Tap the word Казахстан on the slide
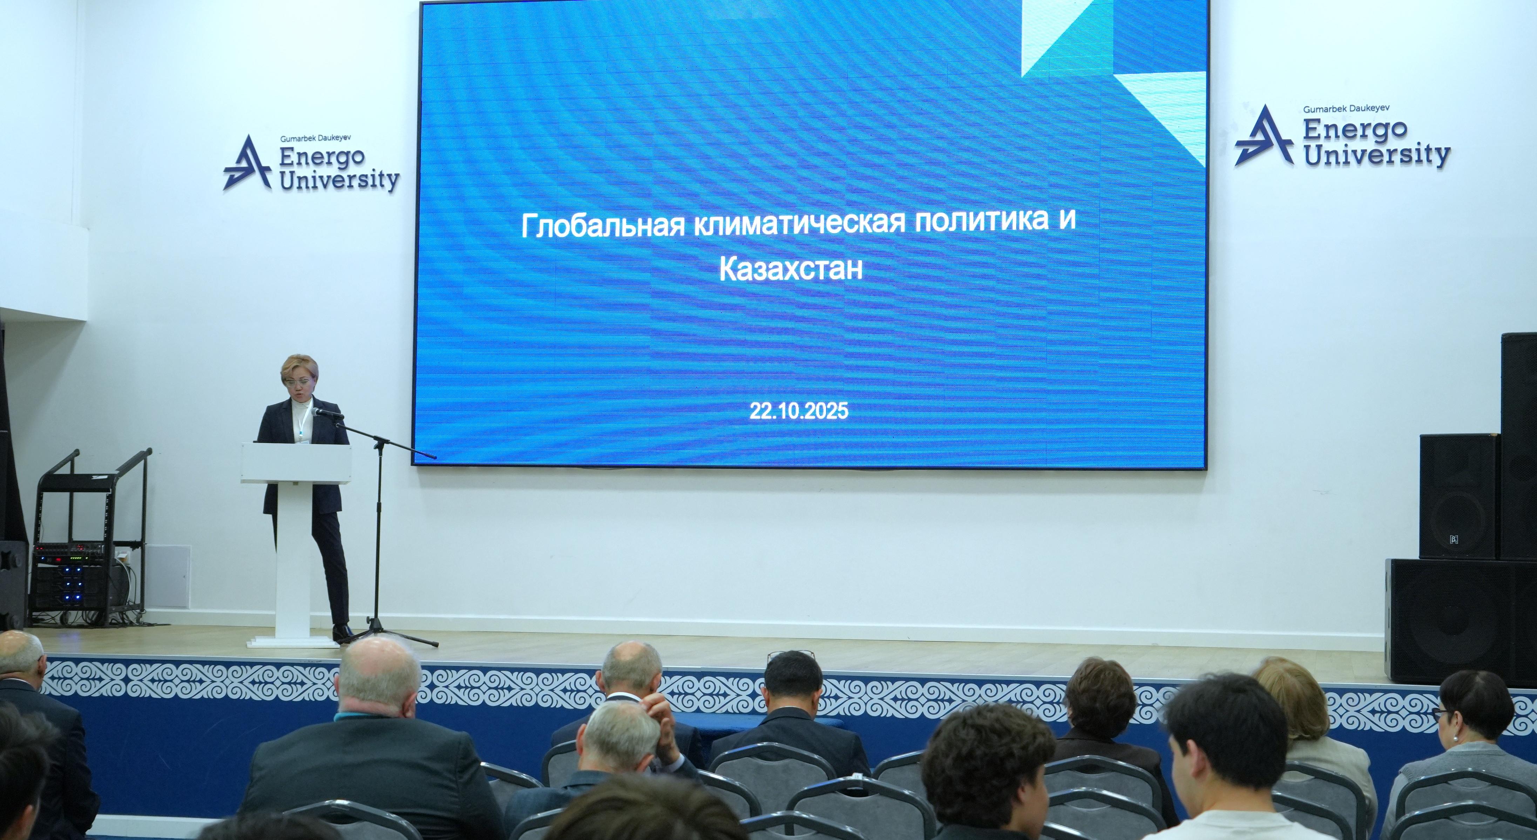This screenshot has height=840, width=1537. (x=791, y=270)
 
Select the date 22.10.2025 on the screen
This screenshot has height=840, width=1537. (x=798, y=412)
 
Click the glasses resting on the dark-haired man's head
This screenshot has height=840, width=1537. (x=790, y=655)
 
